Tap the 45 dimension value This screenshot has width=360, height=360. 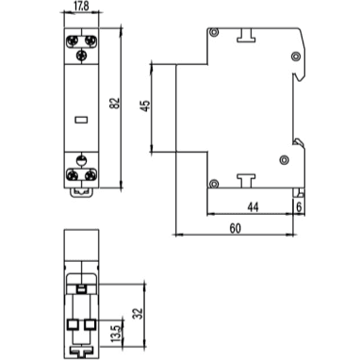[x=145, y=107]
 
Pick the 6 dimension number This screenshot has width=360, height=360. [x=299, y=206]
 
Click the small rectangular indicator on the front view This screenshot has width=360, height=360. [x=80, y=121]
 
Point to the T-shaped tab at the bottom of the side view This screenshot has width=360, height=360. [x=247, y=179]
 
